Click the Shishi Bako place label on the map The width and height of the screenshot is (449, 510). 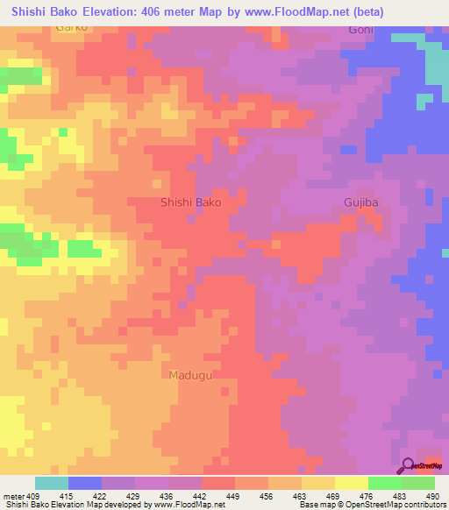pos(191,202)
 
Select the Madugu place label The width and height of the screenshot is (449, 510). pos(189,375)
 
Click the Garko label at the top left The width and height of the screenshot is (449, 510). pos(74,28)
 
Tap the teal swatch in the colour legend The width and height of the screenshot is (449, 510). pos(52,483)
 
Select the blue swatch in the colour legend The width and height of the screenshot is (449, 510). pos(85,483)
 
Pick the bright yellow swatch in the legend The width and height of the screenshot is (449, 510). pos(352,483)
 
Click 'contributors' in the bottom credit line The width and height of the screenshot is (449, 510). pos(424,505)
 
